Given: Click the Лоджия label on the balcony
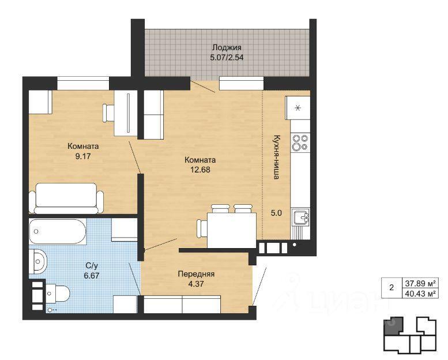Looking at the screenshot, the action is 227,47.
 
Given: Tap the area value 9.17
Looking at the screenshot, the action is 83,156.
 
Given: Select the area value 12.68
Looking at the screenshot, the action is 200,170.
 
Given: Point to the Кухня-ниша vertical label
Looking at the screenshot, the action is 276,157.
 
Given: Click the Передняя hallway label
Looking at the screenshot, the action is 196,274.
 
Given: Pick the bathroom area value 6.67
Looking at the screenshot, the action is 92,276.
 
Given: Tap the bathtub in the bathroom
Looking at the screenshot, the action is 58,231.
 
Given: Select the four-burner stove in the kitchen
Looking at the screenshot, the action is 300,142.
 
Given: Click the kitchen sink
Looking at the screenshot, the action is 300,216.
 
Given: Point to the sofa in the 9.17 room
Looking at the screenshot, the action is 66,198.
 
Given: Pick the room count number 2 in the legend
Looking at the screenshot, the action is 391,288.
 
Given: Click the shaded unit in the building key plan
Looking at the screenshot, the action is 393,326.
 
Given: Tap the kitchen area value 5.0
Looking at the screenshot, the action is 276,213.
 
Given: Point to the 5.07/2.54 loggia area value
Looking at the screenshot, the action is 227,57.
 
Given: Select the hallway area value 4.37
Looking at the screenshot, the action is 196,284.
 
